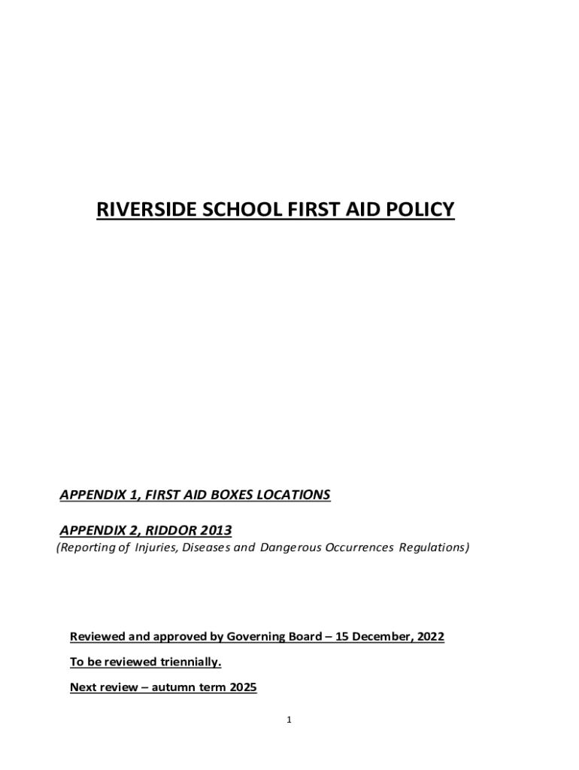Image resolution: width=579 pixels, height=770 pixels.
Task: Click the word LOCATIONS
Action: [x=294, y=495]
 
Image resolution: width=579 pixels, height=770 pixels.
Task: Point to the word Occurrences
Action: [x=359, y=547]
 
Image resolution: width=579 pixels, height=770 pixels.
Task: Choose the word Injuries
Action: [x=151, y=547]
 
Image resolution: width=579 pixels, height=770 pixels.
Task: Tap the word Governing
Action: [x=256, y=637]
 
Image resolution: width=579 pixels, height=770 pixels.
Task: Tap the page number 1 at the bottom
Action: [x=289, y=720]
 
